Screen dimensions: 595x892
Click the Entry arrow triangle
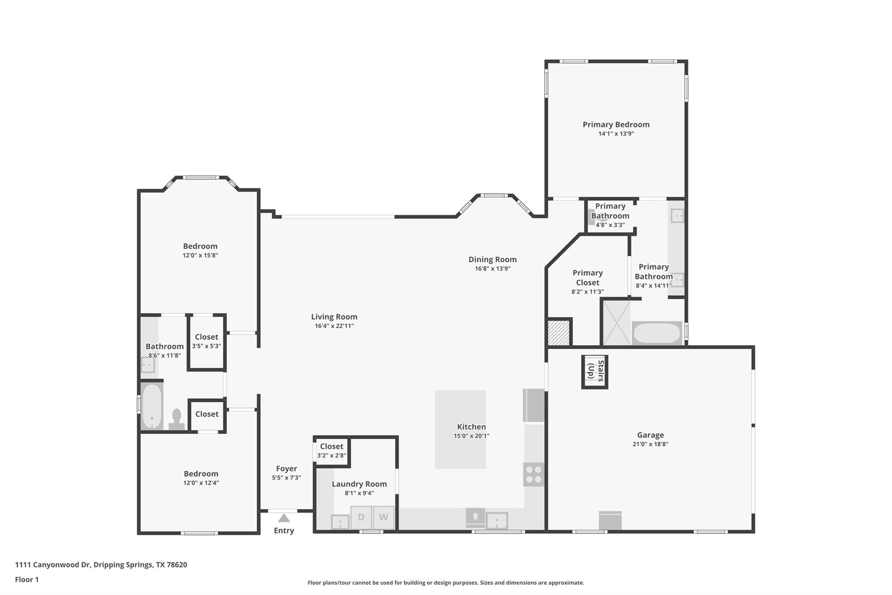tap(284, 518)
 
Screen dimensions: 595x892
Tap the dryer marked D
tap(361, 517)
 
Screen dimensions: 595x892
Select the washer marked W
tap(383, 517)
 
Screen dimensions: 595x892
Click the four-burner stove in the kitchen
tap(534, 474)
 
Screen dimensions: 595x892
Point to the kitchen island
tap(460, 429)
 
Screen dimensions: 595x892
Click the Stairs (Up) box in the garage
tap(595, 372)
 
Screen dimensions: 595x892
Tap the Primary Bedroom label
tap(616, 125)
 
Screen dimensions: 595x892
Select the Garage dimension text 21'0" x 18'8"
tap(650, 444)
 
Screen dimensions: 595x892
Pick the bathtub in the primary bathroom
tap(656, 333)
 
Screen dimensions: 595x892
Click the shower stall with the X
tap(616, 323)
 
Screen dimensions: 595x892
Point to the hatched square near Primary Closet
tap(558, 333)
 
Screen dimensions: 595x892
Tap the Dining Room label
tap(492, 259)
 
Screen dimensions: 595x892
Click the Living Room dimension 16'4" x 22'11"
tap(334, 326)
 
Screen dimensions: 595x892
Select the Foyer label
tap(286, 469)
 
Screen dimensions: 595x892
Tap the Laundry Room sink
tap(340, 522)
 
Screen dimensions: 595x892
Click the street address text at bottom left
tap(101, 565)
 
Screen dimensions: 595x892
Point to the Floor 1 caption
tap(27, 580)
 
